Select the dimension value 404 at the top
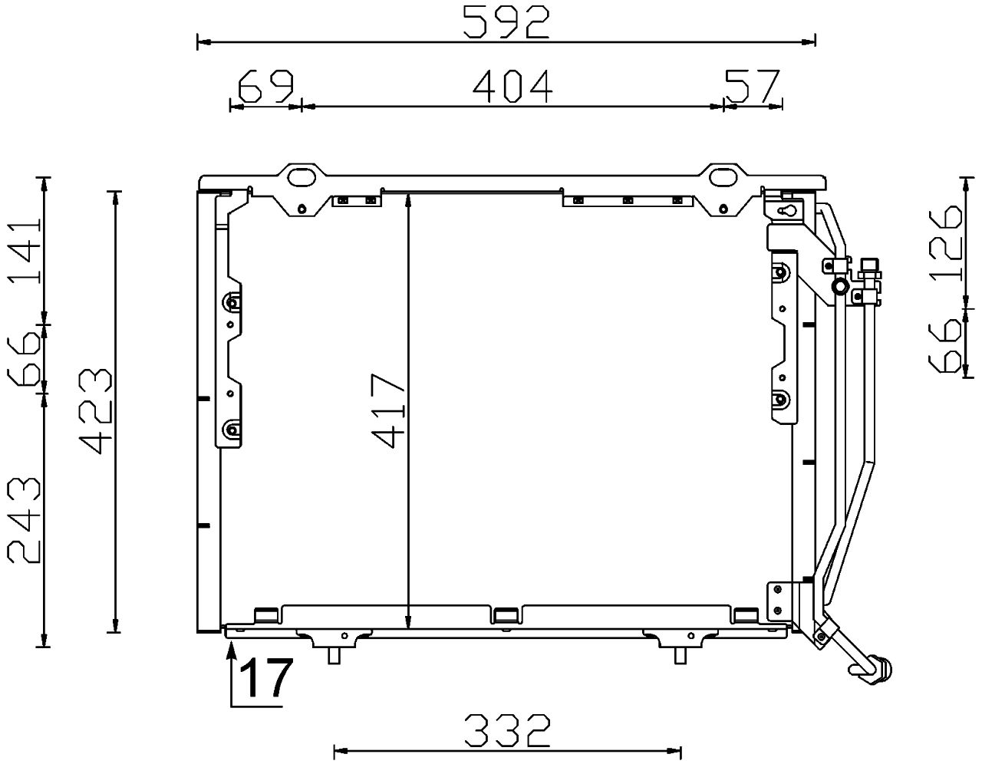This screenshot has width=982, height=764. click(x=512, y=86)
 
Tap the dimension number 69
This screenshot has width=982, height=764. click(x=265, y=86)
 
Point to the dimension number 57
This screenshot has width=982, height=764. click(x=751, y=86)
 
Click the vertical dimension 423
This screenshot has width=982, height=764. click(x=95, y=410)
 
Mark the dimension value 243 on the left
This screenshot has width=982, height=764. click(x=23, y=519)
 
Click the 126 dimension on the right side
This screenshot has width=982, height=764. click(x=943, y=242)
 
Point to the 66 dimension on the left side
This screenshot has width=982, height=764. click(x=23, y=358)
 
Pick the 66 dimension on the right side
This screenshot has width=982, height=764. click(x=943, y=346)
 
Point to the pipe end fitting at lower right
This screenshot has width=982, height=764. click(x=876, y=667)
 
